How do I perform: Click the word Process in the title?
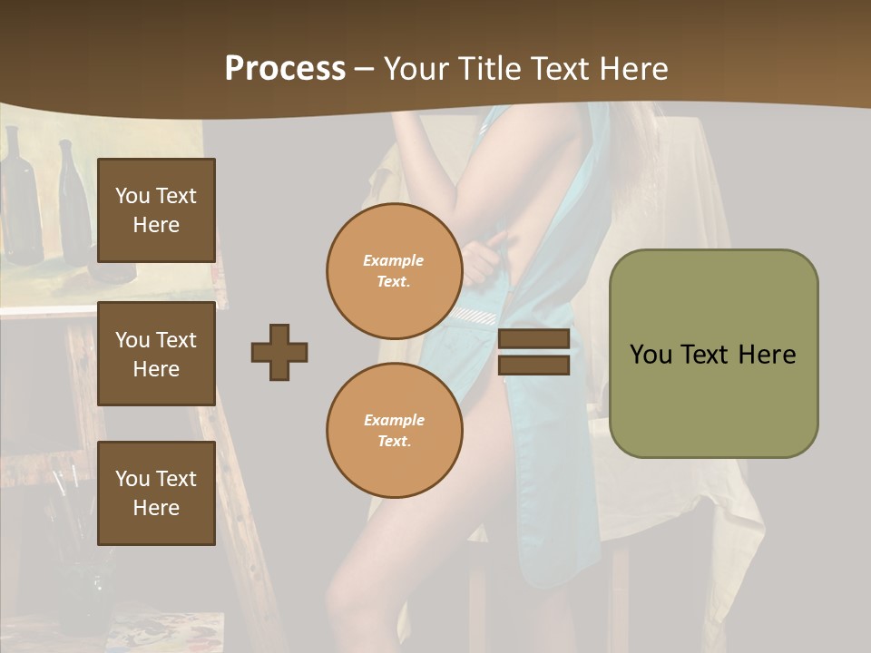pyautogui.click(x=285, y=69)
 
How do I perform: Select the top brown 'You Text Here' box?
pyautogui.click(x=156, y=210)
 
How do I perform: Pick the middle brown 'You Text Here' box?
pyautogui.click(x=156, y=354)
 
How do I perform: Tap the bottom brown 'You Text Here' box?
pyautogui.click(x=156, y=492)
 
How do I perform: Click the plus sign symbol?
pyautogui.click(x=279, y=352)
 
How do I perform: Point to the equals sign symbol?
pyautogui.click(x=533, y=352)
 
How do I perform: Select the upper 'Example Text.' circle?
pyautogui.click(x=394, y=270)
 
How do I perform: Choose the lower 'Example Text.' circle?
pyautogui.click(x=394, y=430)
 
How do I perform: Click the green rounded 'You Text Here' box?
pyautogui.click(x=713, y=354)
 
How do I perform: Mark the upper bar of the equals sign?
pyautogui.click(x=533, y=339)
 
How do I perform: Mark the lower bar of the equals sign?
pyautogui.click(x=533, y=365)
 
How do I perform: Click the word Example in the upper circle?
pyautogui.click(x=394, y=260)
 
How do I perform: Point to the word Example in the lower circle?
pyautogui.click(x=394, y=420)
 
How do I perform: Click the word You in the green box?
pyautogui.click(x=651, y=355)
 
